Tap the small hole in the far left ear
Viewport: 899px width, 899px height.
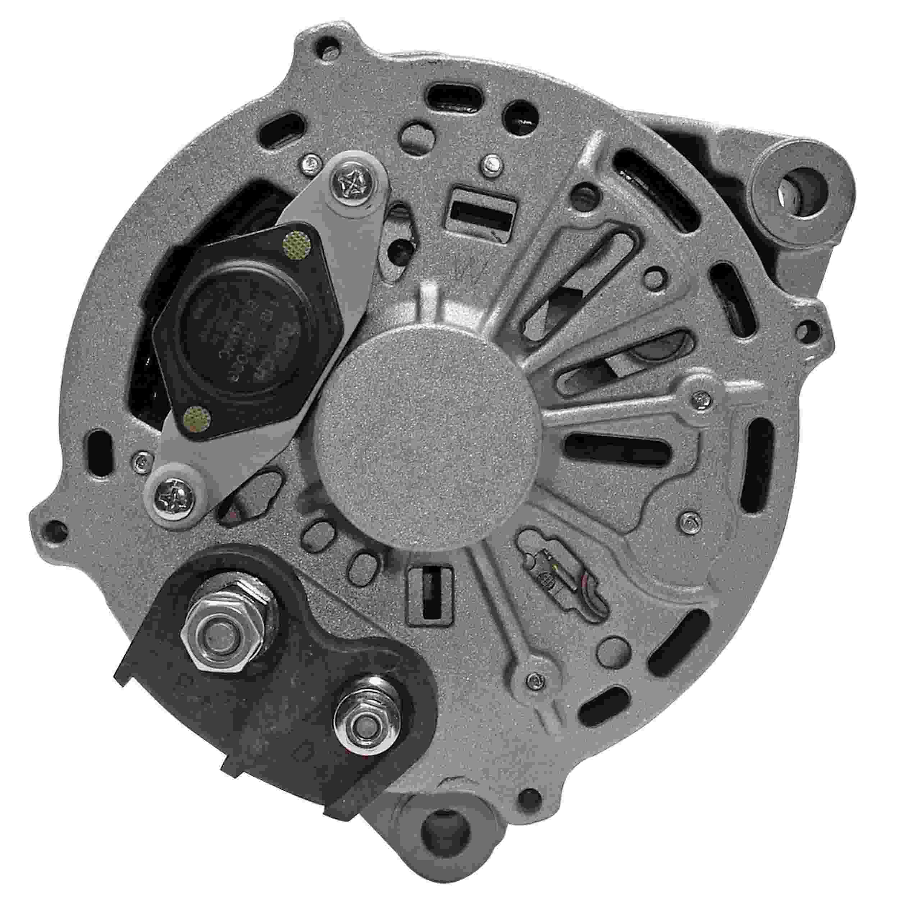click(56, 530)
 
